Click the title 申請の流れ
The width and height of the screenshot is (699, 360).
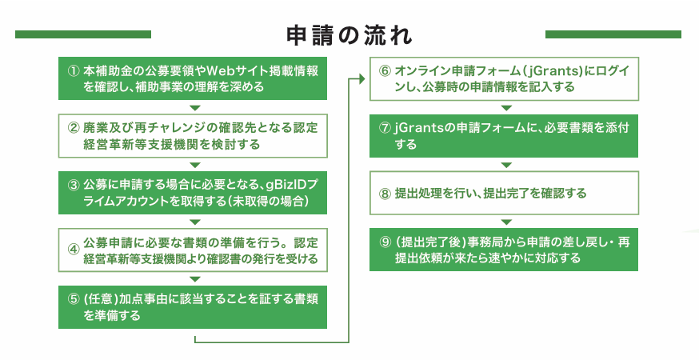coord(349,35)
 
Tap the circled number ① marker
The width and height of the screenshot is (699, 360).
coord(73,71)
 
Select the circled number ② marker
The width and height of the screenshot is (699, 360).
coord(73,128)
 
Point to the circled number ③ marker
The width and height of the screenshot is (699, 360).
coord(73,185)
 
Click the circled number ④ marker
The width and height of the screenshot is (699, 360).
coord(73,250)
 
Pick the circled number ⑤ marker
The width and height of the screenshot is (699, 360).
coord(73,299)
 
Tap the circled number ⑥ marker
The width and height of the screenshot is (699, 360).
coord(385,71)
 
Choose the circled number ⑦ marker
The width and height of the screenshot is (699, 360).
coord(385,128)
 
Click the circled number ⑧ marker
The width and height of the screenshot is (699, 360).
coord(385,194)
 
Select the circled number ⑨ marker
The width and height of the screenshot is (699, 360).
coord(385,242)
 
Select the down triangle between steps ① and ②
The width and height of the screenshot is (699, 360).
coord(195,108)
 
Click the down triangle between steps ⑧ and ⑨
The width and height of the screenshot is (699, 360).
coord(506,222)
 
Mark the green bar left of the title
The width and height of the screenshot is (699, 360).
coord(83,34)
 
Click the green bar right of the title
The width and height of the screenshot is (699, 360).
coord(613,34)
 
